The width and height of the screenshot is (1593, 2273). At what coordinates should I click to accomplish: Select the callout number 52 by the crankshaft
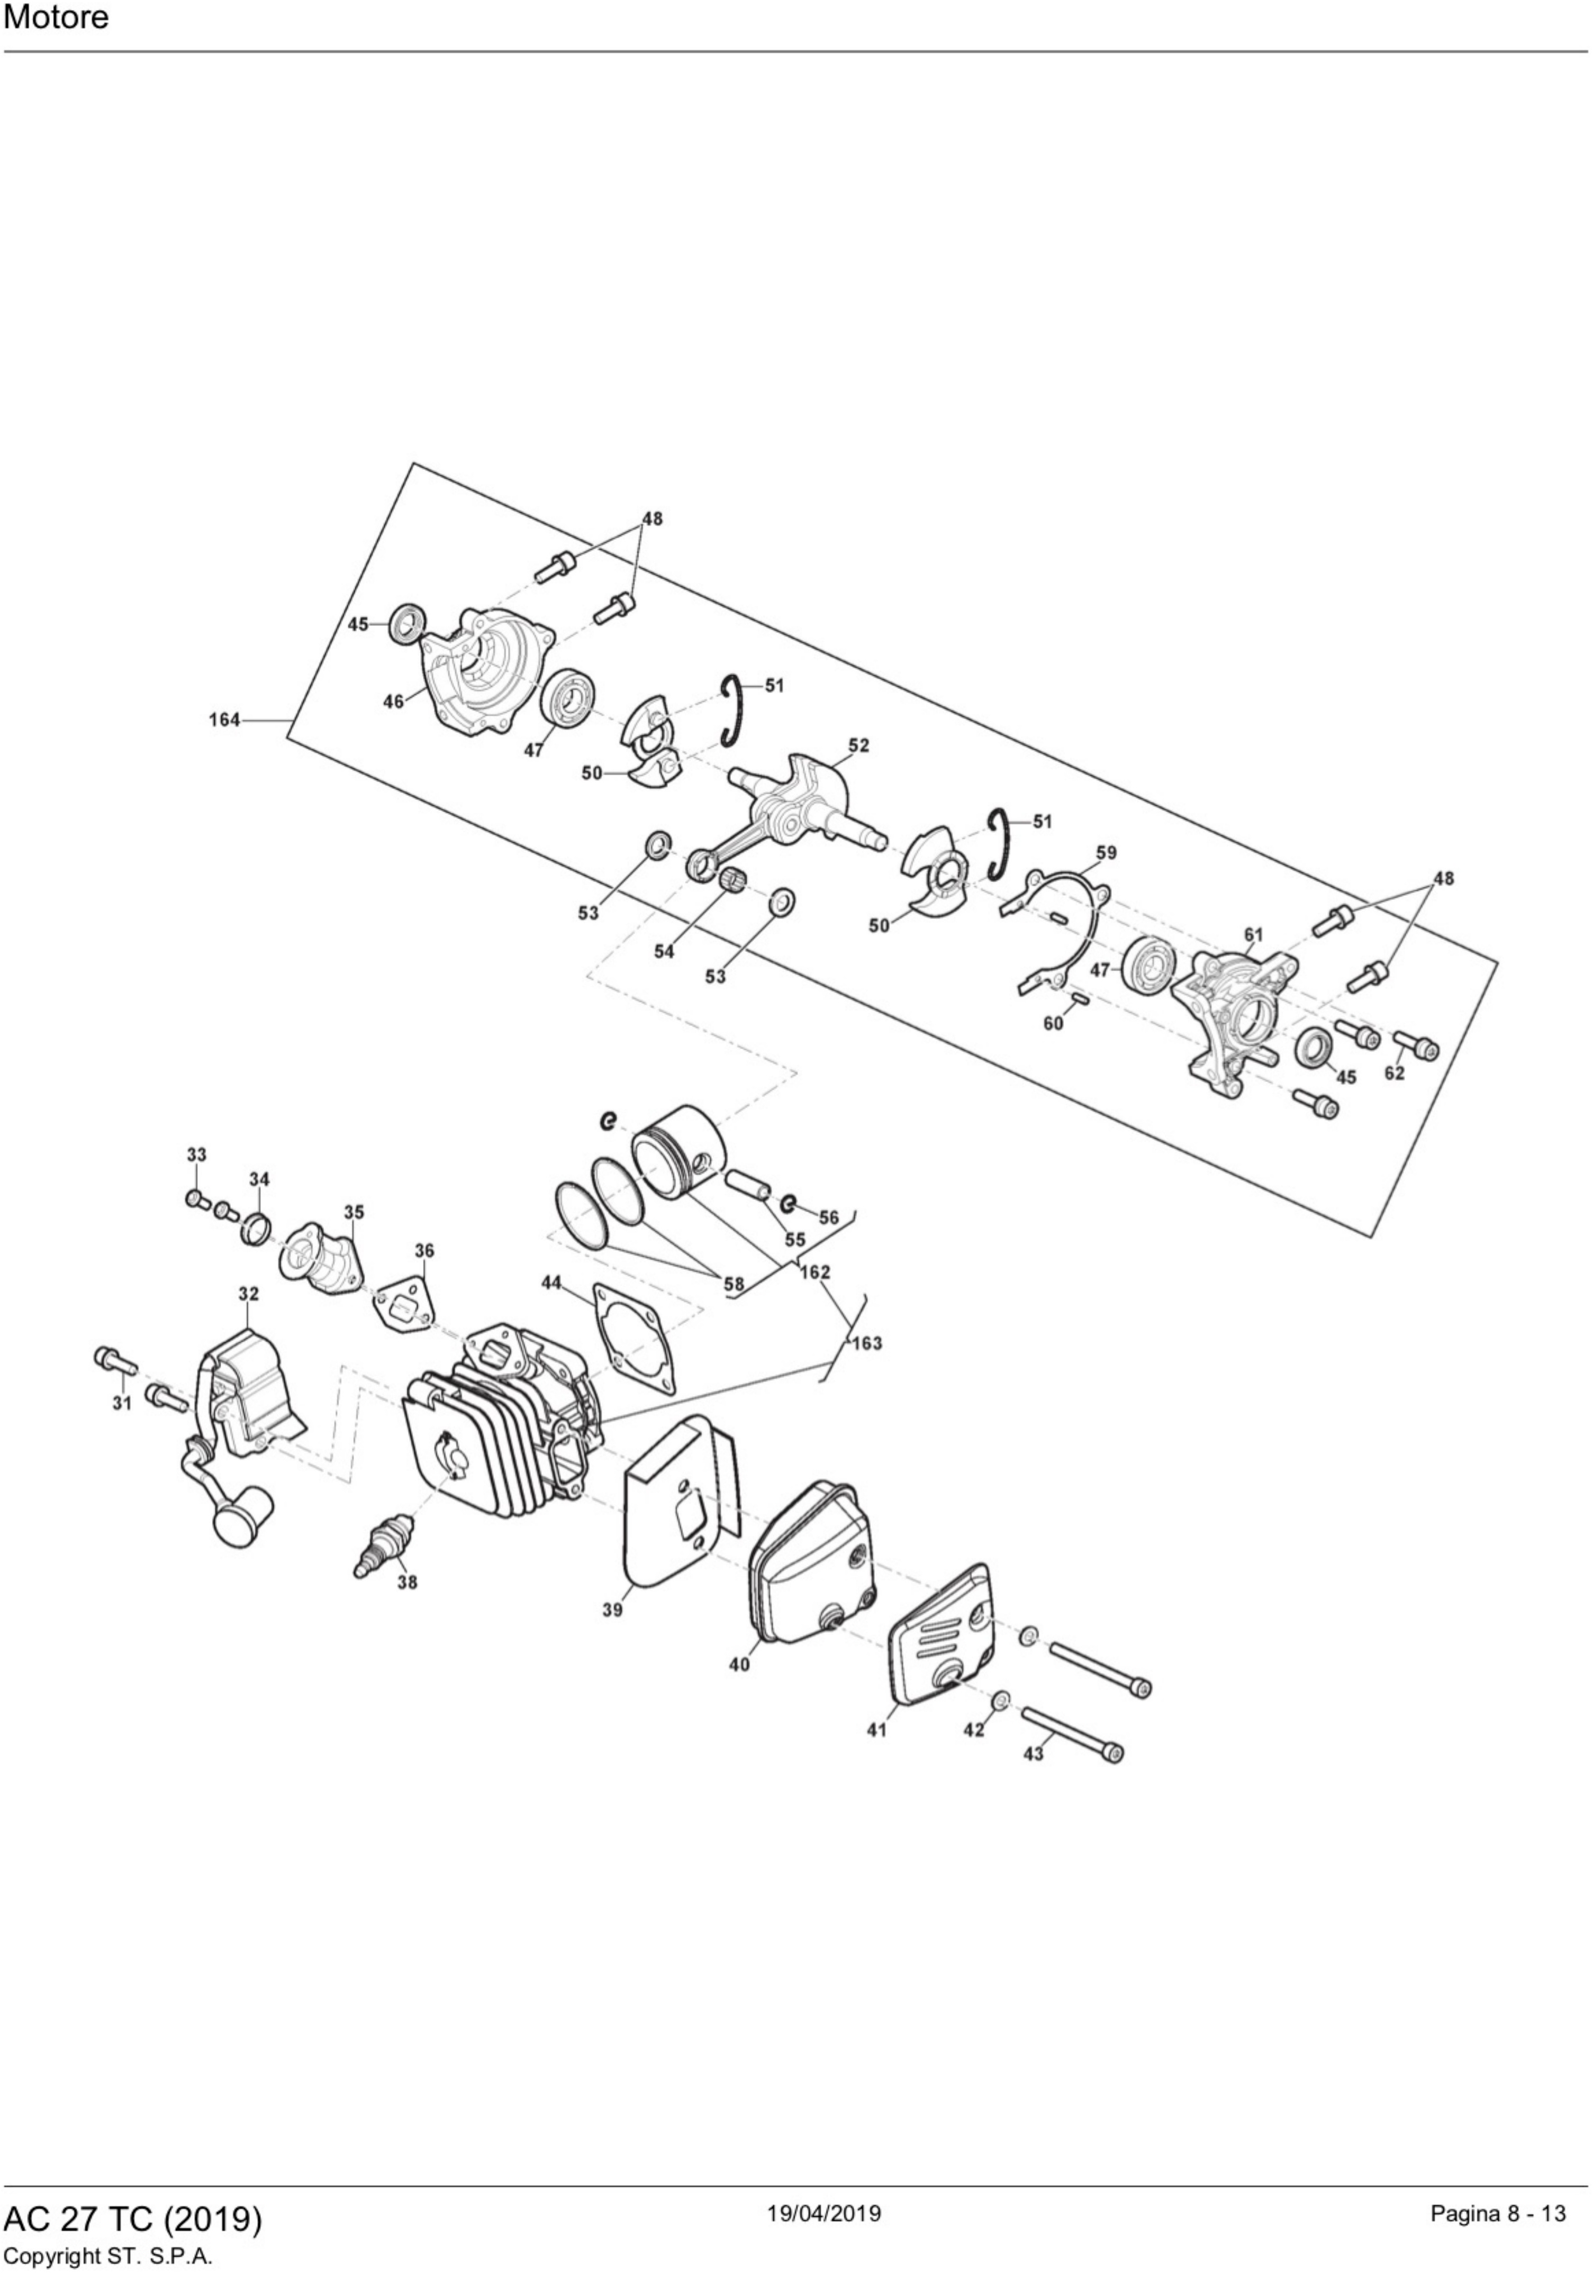[x=858, y=744]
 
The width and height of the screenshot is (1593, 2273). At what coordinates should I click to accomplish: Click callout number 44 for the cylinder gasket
[x=551, y=1283]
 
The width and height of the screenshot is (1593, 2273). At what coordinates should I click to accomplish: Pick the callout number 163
[x=866, y=1343]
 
